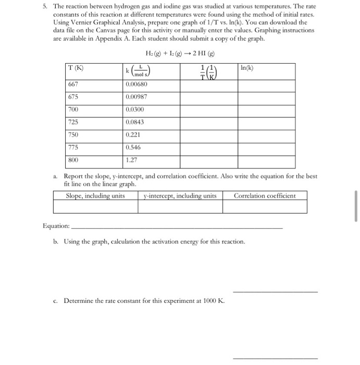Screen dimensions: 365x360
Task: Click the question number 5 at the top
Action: point(45,5)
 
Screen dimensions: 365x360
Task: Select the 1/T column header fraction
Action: point(207,71)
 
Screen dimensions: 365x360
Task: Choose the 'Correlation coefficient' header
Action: point(265,196)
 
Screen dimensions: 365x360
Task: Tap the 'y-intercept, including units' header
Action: point(180,196)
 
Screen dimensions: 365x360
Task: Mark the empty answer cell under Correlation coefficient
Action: point(265,207)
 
